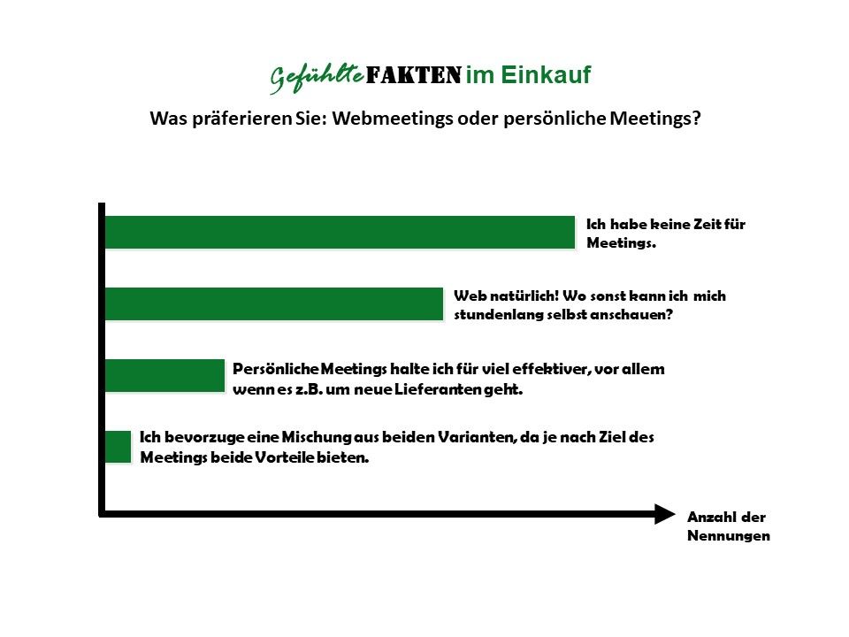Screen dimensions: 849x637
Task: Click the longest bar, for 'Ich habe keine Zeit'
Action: (340, 233)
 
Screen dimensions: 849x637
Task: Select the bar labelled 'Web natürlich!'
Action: (274, 303)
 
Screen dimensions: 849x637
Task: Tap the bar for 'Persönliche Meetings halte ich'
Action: (164, 375)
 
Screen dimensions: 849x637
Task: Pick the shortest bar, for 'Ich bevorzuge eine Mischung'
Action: (118, 447)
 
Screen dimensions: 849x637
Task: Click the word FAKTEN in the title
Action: (414, 74)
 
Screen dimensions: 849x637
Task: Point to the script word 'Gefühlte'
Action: (317, 78)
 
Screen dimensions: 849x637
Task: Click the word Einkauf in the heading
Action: (546, 74)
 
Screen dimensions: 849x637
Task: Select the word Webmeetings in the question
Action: (393, 118)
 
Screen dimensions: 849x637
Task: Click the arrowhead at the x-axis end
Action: (665, 514)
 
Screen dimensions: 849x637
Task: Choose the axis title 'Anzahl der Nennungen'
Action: (729, 526)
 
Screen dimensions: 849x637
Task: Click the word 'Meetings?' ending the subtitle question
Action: (655, 118)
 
